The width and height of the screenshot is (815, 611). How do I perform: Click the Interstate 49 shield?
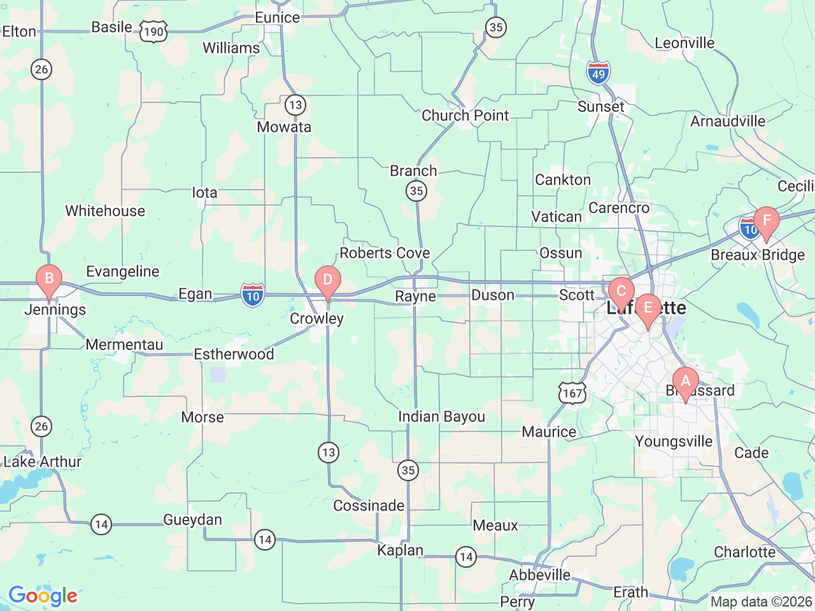coord(599,73)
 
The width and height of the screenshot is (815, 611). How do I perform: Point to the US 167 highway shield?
coord(572,393)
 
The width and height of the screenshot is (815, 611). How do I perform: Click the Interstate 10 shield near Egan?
coord(253,295)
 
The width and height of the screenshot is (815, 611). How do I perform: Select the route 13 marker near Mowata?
coord(295,104)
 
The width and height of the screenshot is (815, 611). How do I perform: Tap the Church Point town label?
coord(465,116)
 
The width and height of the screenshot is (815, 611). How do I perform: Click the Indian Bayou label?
coord(441,417)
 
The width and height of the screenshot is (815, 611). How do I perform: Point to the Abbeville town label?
coord(540,575)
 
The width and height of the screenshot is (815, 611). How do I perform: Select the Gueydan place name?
coord(192,520)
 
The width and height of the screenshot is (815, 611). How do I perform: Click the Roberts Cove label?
coord(385,253)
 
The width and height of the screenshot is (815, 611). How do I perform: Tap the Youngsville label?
coord(674,442)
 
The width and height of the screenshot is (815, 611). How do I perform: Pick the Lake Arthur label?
coord(43,462)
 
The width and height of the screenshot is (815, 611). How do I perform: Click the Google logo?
coord(43,596)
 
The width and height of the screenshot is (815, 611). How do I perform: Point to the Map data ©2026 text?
coord(761,601)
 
